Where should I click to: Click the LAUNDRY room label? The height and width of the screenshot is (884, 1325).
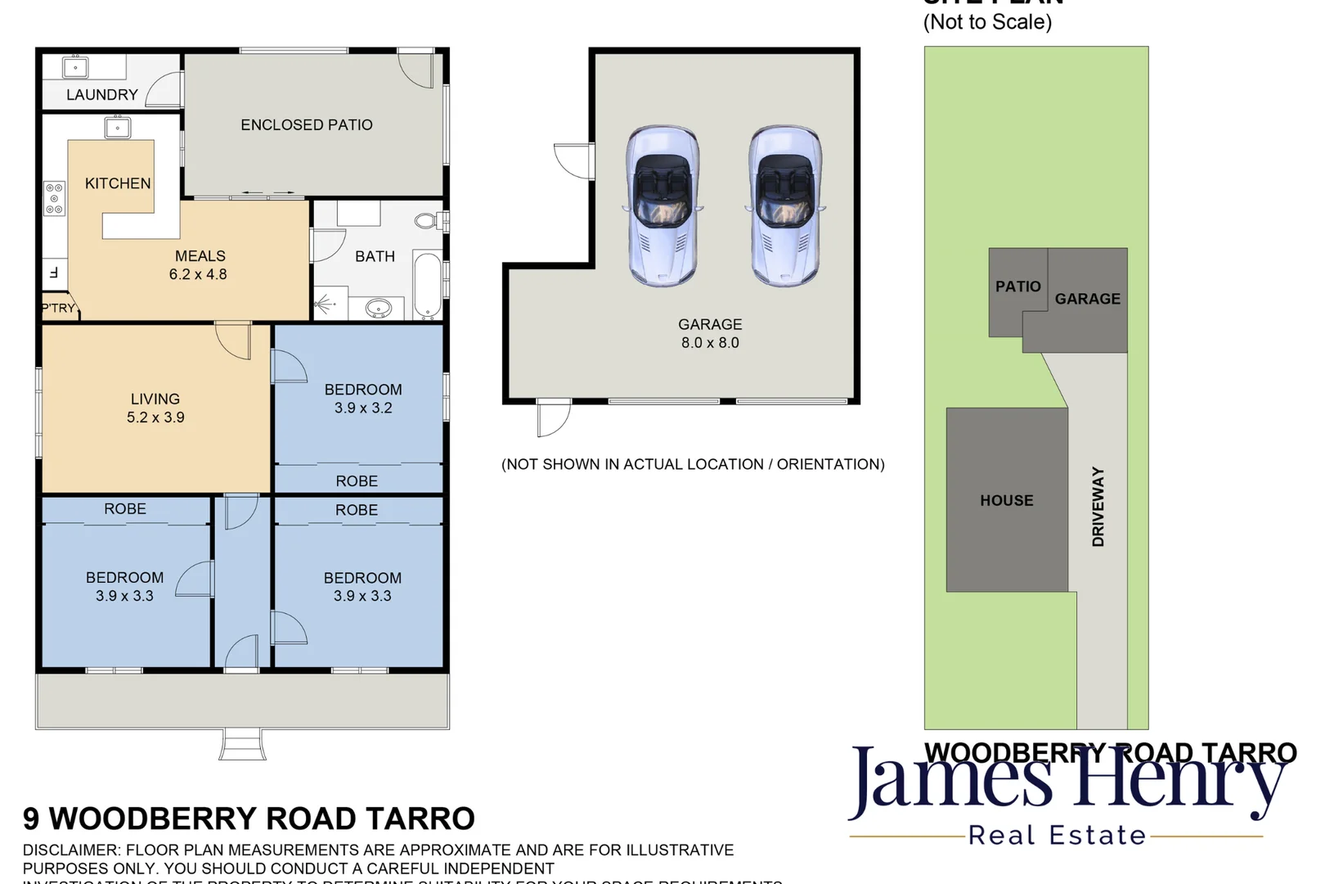point(101,95)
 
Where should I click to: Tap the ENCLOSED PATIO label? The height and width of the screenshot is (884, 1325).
point(306,125)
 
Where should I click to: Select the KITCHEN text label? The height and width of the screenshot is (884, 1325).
point(118,183)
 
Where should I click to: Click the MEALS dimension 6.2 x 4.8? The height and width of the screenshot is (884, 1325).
point(198,275)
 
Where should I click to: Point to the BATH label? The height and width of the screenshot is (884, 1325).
point(375,257)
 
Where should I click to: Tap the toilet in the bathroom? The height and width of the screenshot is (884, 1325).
point(427,220)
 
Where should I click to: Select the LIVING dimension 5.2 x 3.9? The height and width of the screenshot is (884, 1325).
point(155,417)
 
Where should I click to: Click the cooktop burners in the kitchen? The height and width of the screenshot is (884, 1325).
point(54,199)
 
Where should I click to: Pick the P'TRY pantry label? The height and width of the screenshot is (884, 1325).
point(58,309)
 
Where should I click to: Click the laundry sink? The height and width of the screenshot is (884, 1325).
point(75,66)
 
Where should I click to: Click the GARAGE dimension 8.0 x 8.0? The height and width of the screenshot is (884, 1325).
point(710,343)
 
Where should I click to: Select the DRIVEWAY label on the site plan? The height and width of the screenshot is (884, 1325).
point(1098,507)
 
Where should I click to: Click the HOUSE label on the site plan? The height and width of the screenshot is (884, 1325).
point(1007,500)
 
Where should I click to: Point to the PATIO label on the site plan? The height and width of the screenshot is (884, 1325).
point(1017,286)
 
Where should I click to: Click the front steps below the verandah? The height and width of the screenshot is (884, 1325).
point(242,744)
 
